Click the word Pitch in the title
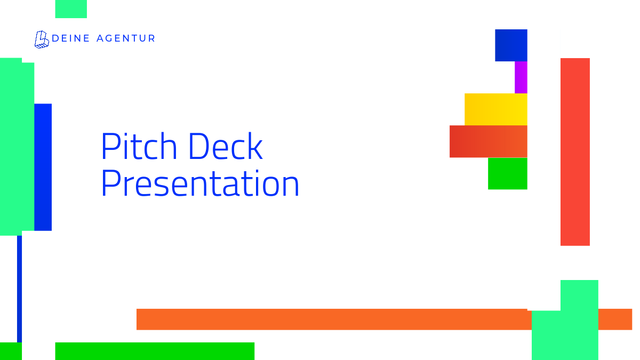pos(139,146)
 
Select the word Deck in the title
pos(226,146)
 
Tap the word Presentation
pos(200,183)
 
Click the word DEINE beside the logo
pos(71,38)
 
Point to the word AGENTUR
pos(126,38)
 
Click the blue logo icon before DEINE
pos(42,39)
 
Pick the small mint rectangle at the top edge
pos(71,9)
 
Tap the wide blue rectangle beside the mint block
pos(43,167)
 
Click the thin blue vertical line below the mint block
pos(19,289)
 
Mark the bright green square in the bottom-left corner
pos(11,351)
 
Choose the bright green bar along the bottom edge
pos(155,351)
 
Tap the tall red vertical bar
pos(575,152)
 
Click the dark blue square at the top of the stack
pos(511,45)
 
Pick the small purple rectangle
pos(521,77)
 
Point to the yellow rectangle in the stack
pos(496,109)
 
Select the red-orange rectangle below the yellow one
pos(489,141)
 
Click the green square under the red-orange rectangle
pos(508,173)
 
